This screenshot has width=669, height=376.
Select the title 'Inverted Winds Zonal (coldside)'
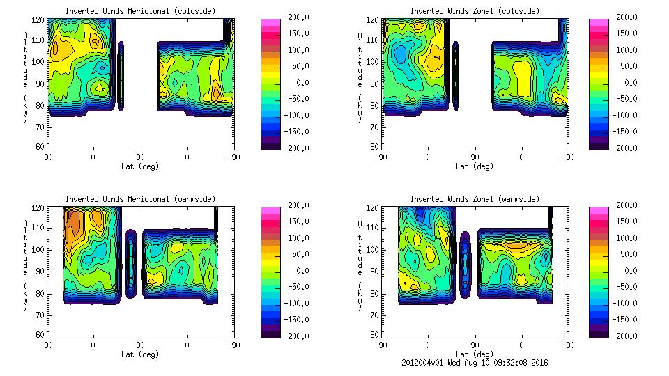475,11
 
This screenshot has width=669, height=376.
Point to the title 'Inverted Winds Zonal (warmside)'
475,199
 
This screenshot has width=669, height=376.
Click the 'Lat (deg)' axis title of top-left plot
139,166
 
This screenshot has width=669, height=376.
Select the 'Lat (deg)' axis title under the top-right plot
474,166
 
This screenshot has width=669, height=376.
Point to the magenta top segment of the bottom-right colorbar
599,209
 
